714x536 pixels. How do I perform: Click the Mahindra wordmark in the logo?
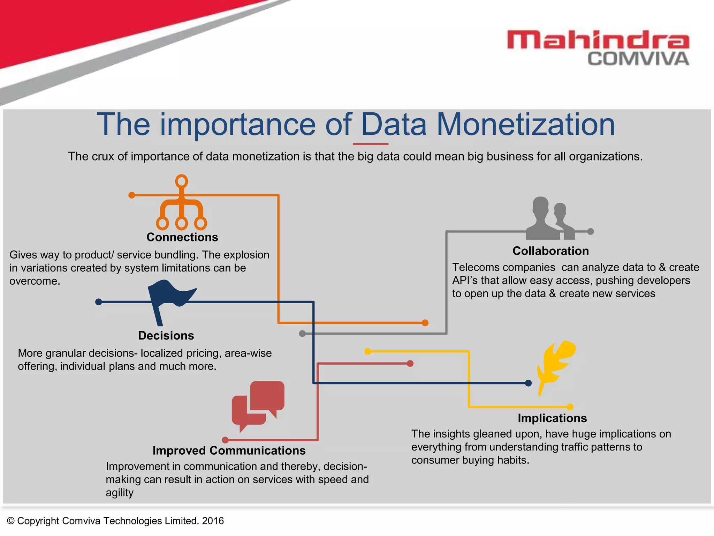(598, 40)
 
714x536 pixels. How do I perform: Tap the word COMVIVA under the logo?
(638, 59)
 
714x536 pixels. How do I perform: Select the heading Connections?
(182, 237)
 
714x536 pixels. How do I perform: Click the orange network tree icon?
(181, 204)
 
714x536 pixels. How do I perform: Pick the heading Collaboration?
(550, 251)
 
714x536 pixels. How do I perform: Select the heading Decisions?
(166, 336)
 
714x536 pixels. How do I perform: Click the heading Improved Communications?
(229, 451)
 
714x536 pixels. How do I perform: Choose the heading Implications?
(552, 418)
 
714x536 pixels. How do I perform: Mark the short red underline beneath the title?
(370, 144)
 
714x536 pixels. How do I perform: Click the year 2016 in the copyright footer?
(213, 521)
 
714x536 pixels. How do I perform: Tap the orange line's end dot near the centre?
(425, 323)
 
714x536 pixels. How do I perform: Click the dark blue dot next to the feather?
(528, 383)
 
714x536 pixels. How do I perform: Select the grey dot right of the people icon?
(590, 231)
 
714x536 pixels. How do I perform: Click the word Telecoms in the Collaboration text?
(475, 267)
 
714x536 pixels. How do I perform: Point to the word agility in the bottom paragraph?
(120, 493)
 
